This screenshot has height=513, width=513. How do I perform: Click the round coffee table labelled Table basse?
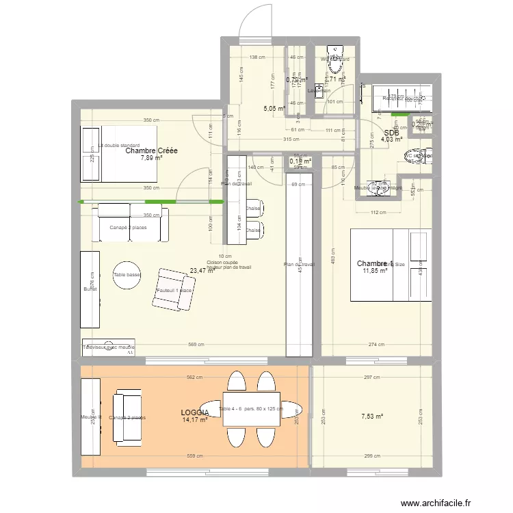coord(127,275)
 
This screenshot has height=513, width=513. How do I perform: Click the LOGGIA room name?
coord(195,412)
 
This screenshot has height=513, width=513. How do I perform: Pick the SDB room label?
coord(391,133)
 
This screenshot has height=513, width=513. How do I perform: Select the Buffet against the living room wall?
coord(90,289)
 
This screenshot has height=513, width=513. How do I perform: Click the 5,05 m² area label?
coord(274,108)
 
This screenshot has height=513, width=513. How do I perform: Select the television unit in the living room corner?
coord(109,347)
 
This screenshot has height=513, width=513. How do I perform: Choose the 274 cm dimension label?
coord(376,345)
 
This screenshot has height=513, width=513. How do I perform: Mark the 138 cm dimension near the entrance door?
coord(257,57)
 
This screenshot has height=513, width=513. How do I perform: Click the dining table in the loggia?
coord(251,409)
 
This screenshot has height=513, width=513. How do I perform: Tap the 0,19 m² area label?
coord(301,161)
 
